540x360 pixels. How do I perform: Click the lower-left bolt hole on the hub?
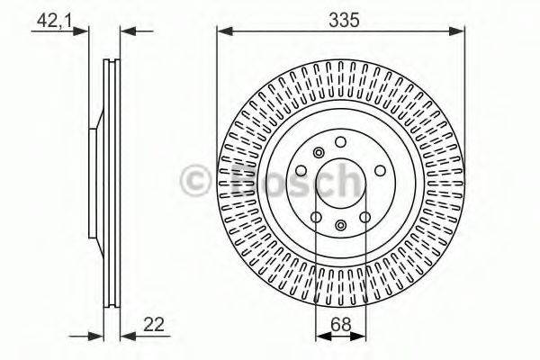pyautogui.click(x=315, y=218)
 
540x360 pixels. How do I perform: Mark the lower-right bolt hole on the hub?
pyautogui.click(x=366, y=218)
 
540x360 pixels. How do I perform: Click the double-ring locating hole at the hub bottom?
pyautogui.click(x=341, y=226)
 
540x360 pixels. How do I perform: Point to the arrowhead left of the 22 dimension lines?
pyautogui.click(x=98, y=336)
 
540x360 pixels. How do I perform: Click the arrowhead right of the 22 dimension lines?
pyautogui.click(x=127, y=336)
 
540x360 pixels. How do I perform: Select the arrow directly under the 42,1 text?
pyautogui.click(x=85, y=31)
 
